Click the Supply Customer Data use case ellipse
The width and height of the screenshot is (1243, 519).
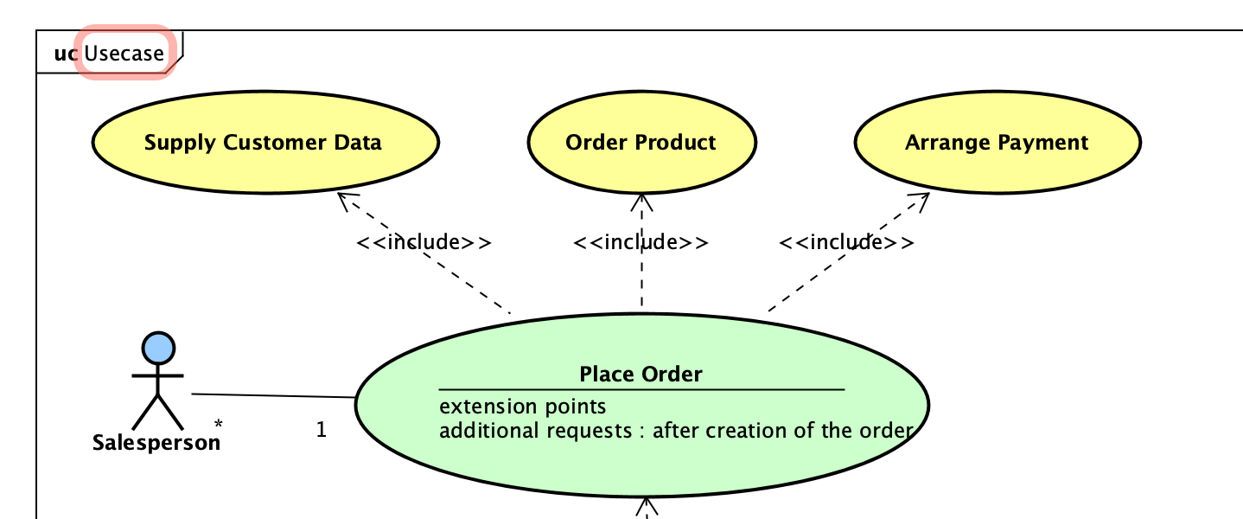coord(265,143)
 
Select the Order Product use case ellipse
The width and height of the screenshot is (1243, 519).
coord(641,143)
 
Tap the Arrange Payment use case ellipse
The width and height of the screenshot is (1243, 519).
coord(997,143)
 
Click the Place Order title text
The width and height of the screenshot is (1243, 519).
coord(641,374)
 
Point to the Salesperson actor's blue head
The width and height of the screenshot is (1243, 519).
coord(158,348)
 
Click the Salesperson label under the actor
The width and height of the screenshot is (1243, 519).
coord(156,443)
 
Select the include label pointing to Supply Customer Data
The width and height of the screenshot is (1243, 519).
coord(424,242)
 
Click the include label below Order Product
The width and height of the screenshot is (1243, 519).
coord(641,242)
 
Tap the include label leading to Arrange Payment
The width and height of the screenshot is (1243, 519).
coord(846,242)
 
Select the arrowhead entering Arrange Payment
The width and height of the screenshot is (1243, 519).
coord(921,200)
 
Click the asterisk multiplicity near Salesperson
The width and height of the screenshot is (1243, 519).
coord(219,425)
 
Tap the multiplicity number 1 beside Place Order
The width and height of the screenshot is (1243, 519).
coord(321,430)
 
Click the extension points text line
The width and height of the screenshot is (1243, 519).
coord(523,407)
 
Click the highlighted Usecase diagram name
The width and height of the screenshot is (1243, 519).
coord(124,54)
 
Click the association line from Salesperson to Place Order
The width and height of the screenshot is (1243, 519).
coord(272,396)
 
